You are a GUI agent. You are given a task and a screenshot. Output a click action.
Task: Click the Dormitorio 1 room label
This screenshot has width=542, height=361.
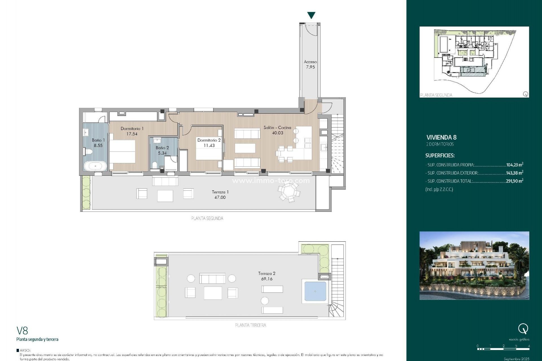coord(132,129)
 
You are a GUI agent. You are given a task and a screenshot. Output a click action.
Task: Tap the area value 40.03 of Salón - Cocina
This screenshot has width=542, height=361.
coord(277,133)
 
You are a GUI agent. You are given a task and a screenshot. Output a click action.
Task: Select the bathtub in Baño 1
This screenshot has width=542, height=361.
coord(95,166)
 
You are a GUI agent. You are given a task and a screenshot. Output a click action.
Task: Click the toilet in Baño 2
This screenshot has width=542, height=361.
coord(155,165)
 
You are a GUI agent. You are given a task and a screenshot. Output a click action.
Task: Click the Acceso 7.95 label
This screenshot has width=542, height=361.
coord(310,64)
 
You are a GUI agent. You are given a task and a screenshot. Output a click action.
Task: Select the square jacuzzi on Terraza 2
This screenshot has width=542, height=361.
coord(315,291)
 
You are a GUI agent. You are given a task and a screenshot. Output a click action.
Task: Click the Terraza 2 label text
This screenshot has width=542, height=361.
coord(266,273)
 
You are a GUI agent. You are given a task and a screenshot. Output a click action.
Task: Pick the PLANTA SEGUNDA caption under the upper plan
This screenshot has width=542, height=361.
coord(207,218)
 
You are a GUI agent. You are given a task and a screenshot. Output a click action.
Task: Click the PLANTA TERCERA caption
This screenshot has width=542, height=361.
coord(250,325)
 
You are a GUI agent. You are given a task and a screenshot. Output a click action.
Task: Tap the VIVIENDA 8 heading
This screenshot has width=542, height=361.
coord(441,138)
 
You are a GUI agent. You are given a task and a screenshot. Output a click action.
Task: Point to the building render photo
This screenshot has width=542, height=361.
coord(474,265)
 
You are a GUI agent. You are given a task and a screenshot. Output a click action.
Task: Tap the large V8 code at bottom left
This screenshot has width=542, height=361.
coord(22,331)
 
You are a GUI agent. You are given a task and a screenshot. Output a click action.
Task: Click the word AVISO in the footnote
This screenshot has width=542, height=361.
coord(25,350)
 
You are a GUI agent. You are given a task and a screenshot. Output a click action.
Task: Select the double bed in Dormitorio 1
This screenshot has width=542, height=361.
coord(123,151)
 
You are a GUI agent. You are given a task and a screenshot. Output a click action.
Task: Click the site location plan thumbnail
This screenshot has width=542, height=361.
coord(474,62)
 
